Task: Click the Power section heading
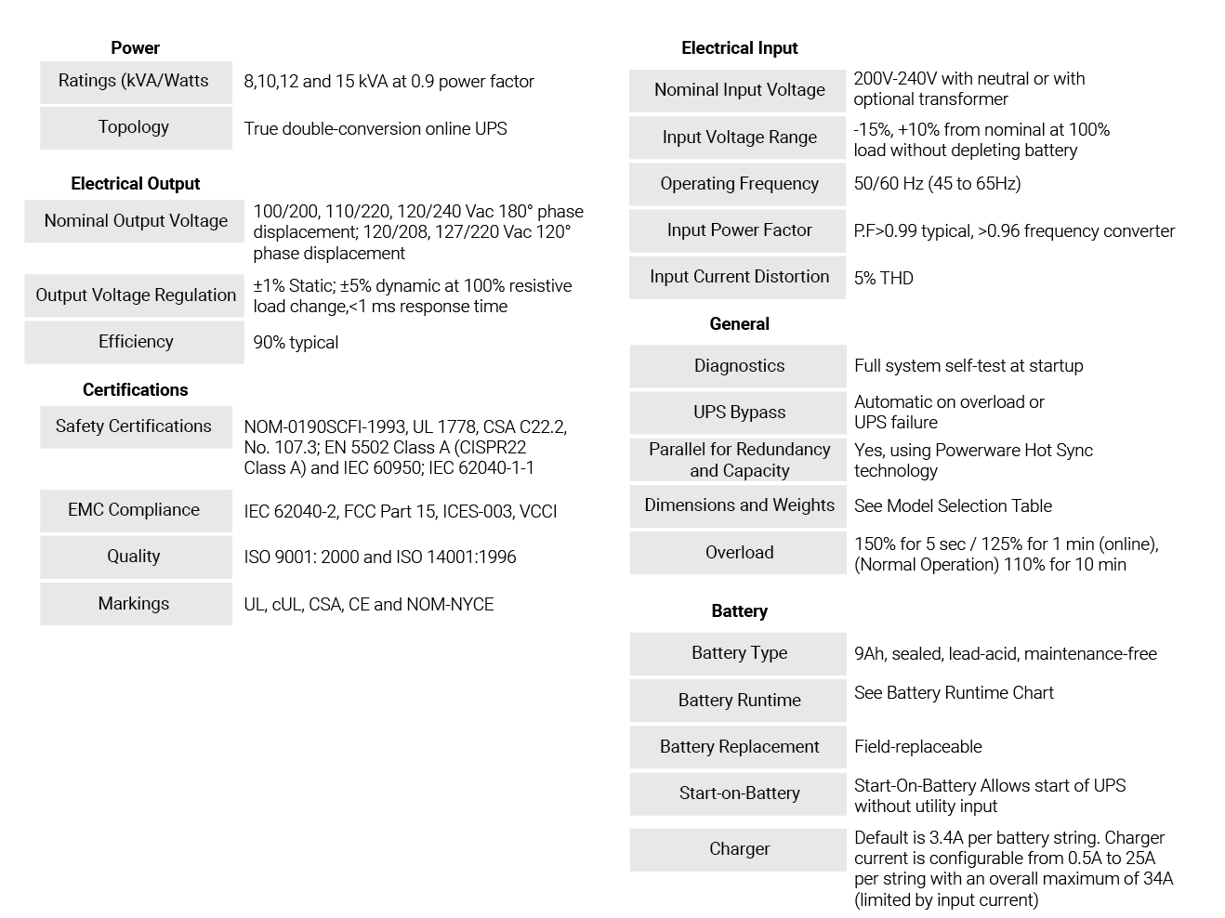click(x=135, y=48)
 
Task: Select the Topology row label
click(x=134, y=127)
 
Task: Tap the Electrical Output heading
click(x=135, y=183)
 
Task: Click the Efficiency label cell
click(x=136, y=341)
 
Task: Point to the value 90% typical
click(x=296, y=343)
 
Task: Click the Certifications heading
click(x=135, y=390)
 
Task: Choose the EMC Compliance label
click(x=134, y=510)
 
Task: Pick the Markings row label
click(x=134, y=603)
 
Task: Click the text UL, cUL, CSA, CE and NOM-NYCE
click(x=369, y=605)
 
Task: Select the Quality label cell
click(x=134, y=556)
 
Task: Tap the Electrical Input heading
click(x=740, y=48)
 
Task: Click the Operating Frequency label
click(x=740, y=183)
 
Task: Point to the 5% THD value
click(x=884, y=278)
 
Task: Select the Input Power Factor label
click(x=740, y=229)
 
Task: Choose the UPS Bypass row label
click(x=740, y=413)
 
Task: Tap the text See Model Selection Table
click(x=954, y=505)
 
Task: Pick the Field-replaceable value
click(x=918, y=747)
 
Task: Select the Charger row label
click(x=740, y=849)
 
